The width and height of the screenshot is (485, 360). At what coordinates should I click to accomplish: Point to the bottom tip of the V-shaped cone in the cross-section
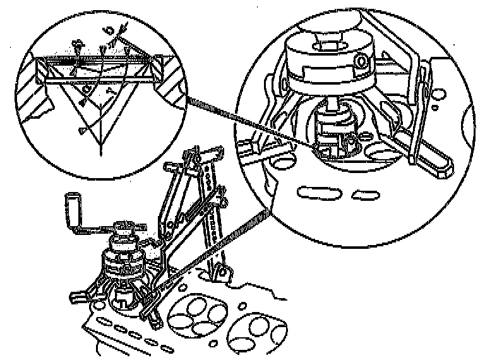(x=99, y=153)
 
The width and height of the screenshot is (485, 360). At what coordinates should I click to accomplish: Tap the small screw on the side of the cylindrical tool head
(x=361, y=61)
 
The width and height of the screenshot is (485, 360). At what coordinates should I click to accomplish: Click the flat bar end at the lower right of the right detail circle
(x=441, y=166)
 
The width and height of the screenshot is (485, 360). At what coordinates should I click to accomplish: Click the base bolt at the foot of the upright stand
(x=220, y=272)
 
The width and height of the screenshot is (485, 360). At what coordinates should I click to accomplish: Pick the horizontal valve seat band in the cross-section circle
(x=95, y=63)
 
